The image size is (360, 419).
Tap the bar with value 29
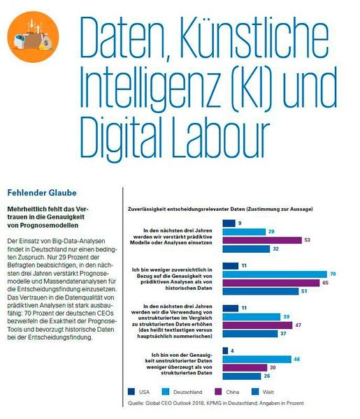[243, 230]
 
